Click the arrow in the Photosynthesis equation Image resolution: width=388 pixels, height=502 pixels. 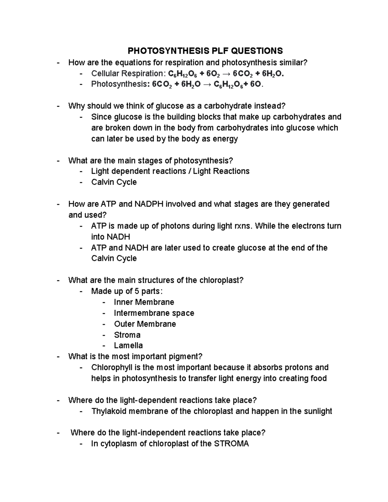pos(207,84)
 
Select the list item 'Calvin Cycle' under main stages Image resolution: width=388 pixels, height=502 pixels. pos(114,182)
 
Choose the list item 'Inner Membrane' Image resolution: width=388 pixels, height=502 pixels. pos(144,302)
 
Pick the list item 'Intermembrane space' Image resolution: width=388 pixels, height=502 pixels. pos(154,313)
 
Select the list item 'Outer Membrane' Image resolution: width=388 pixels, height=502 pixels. pos(145,324)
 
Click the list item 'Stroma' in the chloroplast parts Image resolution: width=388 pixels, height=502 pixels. pos(127,335)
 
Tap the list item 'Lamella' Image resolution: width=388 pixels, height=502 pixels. pos(128,345)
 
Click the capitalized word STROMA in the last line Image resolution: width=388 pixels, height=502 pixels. pos(232,443)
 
